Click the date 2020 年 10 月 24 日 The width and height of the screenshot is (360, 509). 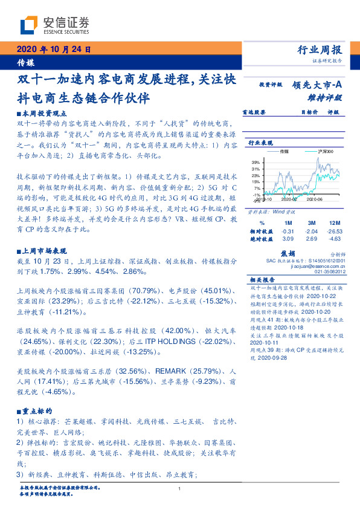53,50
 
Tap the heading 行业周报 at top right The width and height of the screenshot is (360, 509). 320,50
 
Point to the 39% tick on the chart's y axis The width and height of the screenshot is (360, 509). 257,163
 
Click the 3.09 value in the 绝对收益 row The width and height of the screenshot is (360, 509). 288,239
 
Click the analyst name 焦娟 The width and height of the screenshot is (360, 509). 288,254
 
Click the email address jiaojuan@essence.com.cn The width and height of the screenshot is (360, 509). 317,266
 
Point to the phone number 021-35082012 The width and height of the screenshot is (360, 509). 329,272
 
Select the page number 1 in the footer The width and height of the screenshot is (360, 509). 180,488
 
